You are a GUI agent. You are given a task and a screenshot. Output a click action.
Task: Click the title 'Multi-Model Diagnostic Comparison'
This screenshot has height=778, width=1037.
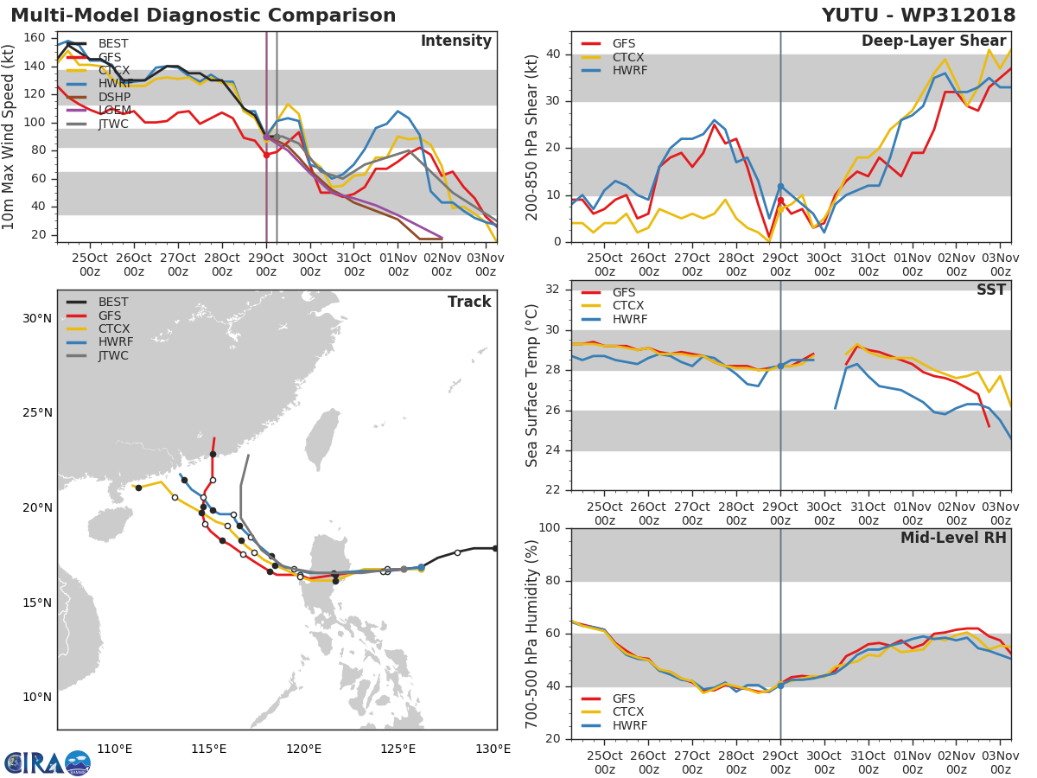pyautogui.click(x=203, y=16)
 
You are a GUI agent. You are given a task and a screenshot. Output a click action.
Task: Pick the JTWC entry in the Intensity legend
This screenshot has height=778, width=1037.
pyautogui.click(x=113, y=124)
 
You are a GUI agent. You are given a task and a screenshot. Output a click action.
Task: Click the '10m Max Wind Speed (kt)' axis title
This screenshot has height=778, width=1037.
pyautogui.click(x=10, y=137)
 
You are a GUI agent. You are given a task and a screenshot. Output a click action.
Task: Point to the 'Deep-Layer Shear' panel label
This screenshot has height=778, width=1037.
pyautogui.click(x=933, y=41)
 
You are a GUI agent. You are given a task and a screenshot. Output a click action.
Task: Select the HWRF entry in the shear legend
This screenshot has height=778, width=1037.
pyautogui.click(x=630, y=70)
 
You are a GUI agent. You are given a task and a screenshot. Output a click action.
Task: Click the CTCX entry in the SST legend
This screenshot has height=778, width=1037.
pyautogui.click(x=628, y=305)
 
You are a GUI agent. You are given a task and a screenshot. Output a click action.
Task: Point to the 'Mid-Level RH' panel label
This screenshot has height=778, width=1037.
pyautogui.click(x=953, y=538)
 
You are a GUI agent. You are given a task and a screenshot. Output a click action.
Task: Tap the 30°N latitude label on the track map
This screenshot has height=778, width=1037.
pyautogui.click(x=36, y=318)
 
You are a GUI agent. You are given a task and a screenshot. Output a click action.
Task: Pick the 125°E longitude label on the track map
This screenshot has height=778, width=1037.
pyautogui.click(x=398, y=749)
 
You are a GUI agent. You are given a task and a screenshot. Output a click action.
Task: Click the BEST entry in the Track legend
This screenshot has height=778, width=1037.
pyautogui.click(x=113, y=302)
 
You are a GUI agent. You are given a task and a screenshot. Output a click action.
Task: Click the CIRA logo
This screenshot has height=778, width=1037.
pyautogui.click(x=48, y=763)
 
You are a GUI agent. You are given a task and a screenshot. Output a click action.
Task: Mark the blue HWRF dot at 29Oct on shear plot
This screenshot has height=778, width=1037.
pyautogui.click(x=780, y=187)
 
